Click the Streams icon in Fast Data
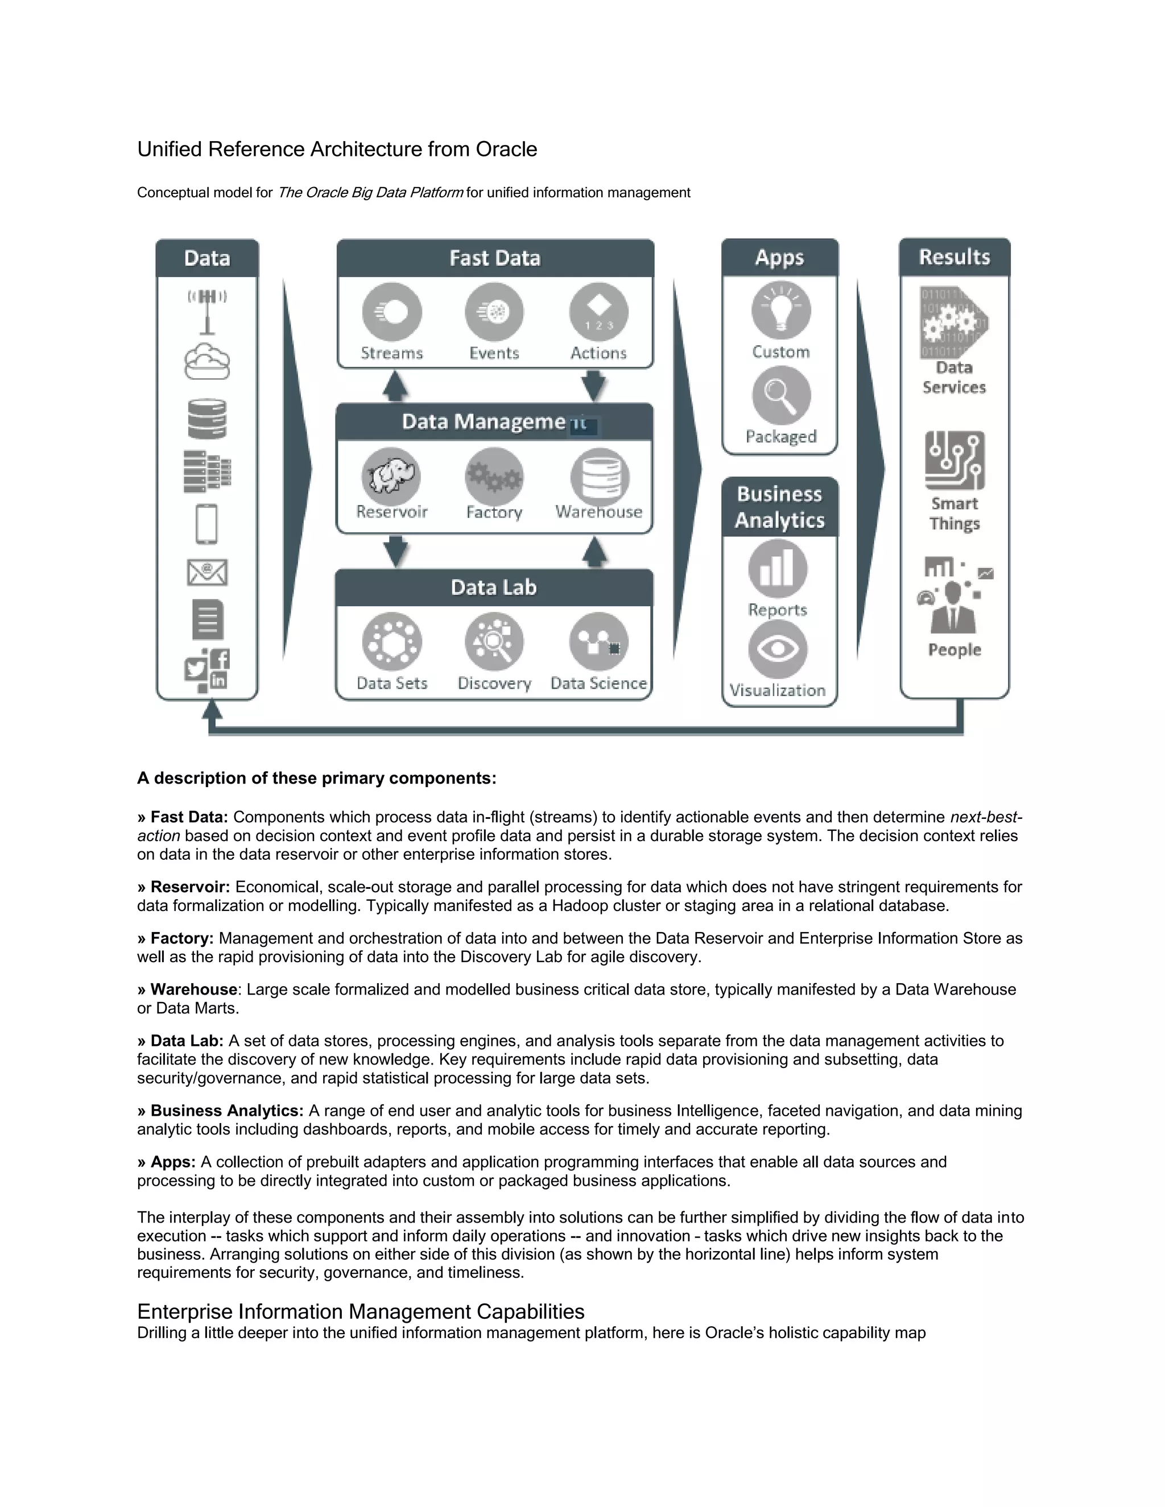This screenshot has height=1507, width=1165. click(x=391, y=313)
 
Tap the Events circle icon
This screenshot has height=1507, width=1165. click(x=494, y=313)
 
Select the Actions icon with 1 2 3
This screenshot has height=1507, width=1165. click(x=598, y=313)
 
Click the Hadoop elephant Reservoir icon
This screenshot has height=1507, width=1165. click(x=391, y=476)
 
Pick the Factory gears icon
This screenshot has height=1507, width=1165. click(x=494, y=476)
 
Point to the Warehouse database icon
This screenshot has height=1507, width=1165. click(x=599, y=476)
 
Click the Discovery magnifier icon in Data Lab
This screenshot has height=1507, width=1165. click(x=494, y=641)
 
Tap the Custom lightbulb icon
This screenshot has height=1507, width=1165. click(x=780, y=311)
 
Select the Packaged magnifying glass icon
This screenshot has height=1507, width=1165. click(x=780, y=395)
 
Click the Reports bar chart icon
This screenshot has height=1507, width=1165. click(x=778, y=569)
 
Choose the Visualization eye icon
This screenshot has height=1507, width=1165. click(x=778, y=649)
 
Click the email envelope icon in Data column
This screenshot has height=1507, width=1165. click(x=207, y=572)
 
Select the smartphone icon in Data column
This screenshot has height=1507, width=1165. click(x=207, y=524)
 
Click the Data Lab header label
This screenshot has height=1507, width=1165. click(x=493, y=588)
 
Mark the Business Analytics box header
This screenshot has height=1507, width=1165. click(x=779, y=507)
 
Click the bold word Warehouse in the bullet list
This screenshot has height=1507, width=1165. click(x=194, y=990)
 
